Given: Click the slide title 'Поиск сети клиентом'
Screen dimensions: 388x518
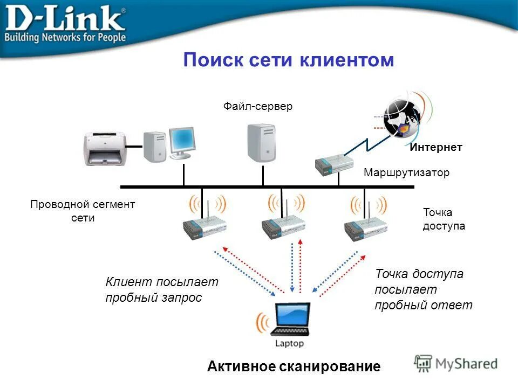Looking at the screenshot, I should coord(289,60).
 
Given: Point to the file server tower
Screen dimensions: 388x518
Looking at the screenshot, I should coord(262,142).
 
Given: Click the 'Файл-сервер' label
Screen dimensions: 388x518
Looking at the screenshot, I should coord(258,107).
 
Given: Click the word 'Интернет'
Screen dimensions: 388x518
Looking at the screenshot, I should coord(435,147).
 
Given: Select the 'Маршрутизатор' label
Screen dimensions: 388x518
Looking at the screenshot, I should coord(406,173).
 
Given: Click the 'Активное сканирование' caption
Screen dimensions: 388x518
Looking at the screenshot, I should coord(294,367).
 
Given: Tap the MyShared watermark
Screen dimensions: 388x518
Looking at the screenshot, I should coord(456,363).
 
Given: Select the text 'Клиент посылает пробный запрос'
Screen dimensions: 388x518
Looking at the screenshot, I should coord(161,289).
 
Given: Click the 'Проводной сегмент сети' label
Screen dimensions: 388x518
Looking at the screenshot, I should coord(83,211).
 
